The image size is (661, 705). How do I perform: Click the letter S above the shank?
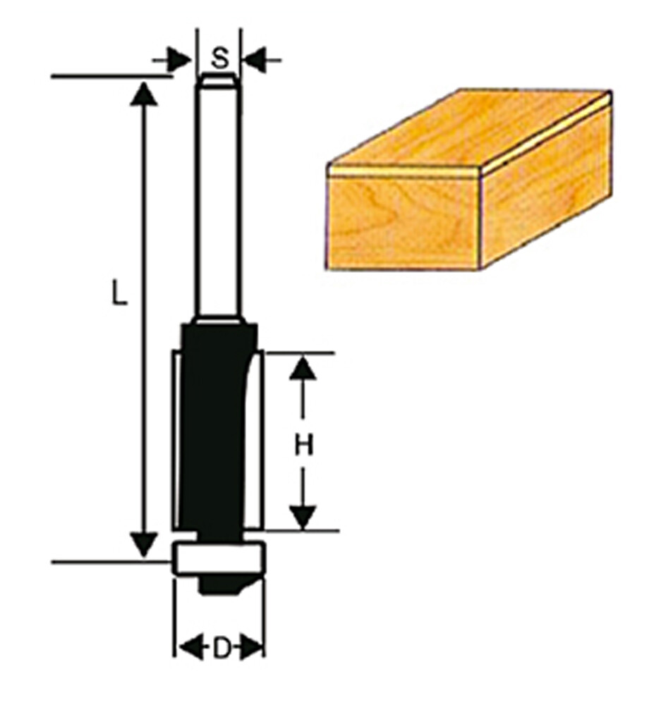coord(221,57)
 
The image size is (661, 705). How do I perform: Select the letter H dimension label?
coord(303,446)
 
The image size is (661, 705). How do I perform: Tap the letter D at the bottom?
coord(221,646)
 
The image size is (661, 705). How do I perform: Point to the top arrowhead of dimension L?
coord(144,94)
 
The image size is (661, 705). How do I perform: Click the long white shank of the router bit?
coord(219,197)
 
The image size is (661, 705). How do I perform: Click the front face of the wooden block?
coord(402,222)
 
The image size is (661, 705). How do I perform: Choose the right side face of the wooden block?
coord(547,183)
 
